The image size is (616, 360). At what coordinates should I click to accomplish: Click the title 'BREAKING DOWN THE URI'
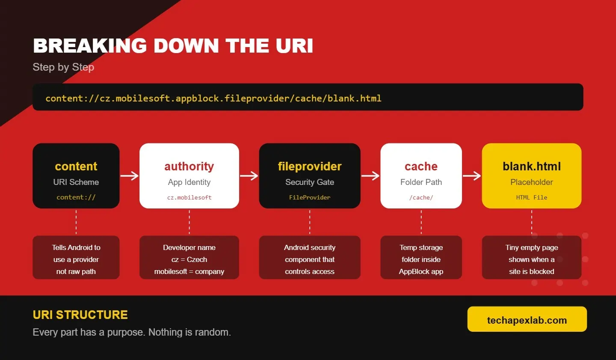[173, 46]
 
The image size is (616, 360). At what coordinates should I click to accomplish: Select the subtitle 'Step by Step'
[63, 67]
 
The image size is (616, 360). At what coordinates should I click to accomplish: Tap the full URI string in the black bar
[213, 98]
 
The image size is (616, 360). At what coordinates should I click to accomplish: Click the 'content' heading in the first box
[76, 167]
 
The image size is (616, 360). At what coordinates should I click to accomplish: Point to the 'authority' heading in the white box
[189, 167]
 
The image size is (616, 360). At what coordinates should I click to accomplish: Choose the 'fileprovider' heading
[310, 167]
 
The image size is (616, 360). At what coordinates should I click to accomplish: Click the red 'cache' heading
[421, 167]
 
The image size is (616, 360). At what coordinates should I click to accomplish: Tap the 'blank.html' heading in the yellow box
[532, 167]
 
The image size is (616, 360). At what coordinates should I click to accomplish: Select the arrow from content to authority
[130, 176]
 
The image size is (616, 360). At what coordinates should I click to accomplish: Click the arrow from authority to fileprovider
[249, 176]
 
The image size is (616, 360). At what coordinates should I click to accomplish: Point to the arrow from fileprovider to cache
[370, 176]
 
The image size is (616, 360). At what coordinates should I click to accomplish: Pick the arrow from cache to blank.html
[472, 176]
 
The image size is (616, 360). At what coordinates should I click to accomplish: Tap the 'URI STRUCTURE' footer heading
[80, 315]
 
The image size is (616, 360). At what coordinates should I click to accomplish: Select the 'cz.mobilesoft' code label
[189, 198]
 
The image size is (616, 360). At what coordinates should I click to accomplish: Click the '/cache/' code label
[421, 198]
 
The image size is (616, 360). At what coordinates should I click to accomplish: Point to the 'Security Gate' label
[310, 182]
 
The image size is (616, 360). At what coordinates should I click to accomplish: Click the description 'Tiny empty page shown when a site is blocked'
[532, 259]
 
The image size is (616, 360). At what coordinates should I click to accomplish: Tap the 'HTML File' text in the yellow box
[532, 198]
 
